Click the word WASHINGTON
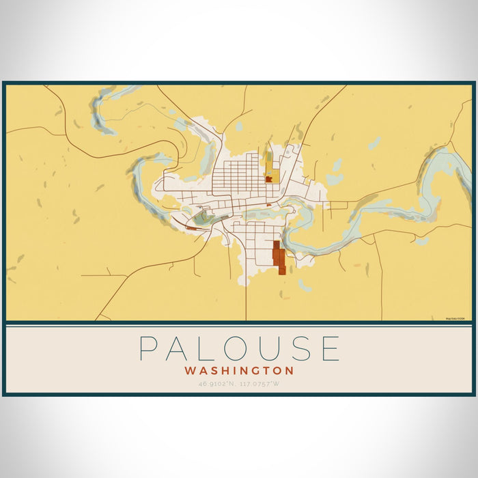pos(239,371)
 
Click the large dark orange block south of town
pos(279,257)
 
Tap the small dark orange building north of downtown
pos(269,179)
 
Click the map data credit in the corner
pos(455,318)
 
